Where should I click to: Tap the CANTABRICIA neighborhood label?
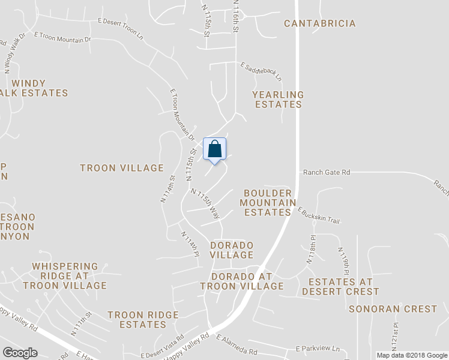point(319,23)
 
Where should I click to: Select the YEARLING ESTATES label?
point(278,100)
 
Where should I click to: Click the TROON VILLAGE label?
point(122,168)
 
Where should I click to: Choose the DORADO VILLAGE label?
point(232,250)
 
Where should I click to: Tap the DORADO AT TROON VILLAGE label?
point(242,281)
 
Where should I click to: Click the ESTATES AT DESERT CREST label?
point(340,287)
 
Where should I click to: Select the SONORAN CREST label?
point(393,309)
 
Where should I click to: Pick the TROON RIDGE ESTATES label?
point(143,320)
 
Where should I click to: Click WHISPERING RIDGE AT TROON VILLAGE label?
point(65,276)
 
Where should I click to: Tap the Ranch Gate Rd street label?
point(327,172)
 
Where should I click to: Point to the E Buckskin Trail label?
point(319,216)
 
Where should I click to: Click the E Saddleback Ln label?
point(261,71)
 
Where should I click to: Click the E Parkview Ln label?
point(318,349)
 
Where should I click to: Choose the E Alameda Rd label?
point(236,345)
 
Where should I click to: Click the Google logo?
point(20,353)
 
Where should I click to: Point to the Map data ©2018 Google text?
point(412,355)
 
